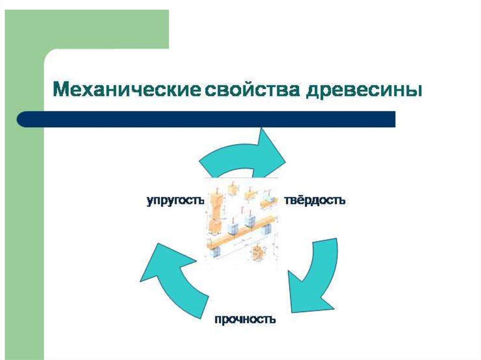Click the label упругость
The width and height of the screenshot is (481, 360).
[x=175, y=200]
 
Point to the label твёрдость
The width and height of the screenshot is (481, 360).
[x=315, y=200]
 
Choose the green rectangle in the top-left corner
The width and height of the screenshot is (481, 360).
[x=94, y=28]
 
